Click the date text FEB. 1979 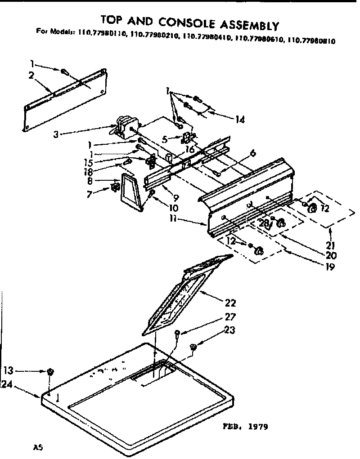245,426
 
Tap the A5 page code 39,447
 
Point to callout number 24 6,384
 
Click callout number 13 8,370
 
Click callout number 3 55,134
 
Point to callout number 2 31,76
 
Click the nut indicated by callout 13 50,371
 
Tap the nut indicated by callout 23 193,347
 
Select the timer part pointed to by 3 124,124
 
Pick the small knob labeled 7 115,187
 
